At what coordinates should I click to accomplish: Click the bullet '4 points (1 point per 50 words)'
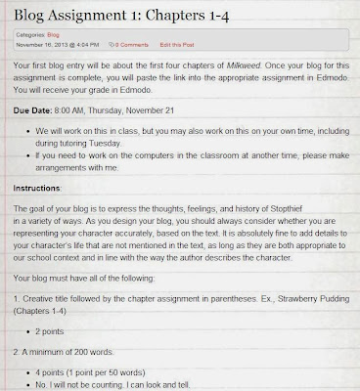pos(104,371)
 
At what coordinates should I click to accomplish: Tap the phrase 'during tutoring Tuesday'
pos(87,143)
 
